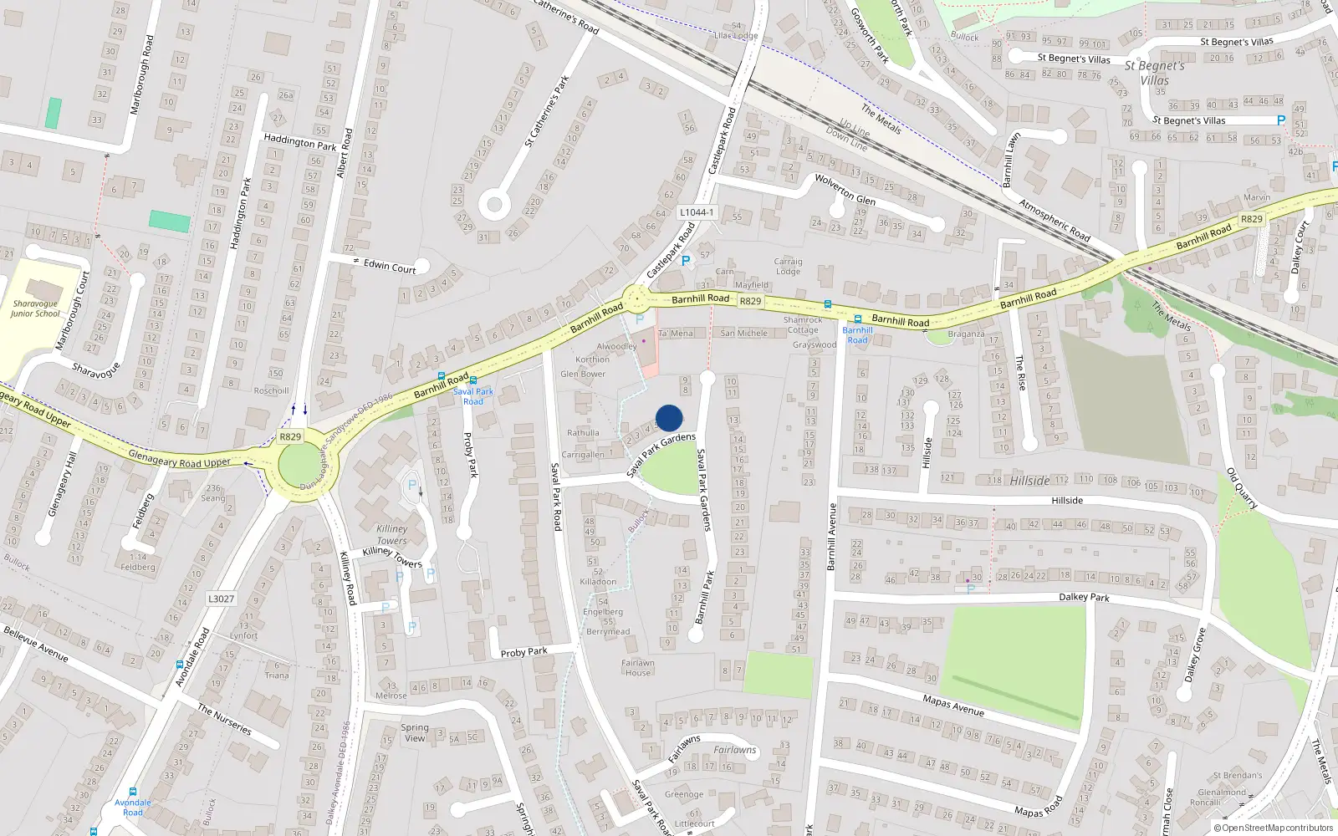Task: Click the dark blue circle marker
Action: click(x=669, y=418)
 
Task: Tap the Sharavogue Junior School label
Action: click(x=35, y=309)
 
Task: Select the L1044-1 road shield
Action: click(x=697, y=212)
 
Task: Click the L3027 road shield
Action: click(x=222, y=599)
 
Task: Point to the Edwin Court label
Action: click(x=390, y=267)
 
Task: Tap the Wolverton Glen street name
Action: click(x=845, y=190)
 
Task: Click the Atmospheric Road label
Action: click(x=1054, y=221)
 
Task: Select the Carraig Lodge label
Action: click(x=788, y=267)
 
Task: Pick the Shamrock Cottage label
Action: click(x=803, y=324)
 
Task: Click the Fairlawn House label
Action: click(x=637, y=668)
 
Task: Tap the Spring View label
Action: click(x=415, y=733)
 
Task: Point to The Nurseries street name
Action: click(x=224, y=719)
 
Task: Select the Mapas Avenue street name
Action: click(x=953, y=706)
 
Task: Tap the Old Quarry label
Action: click(x=1242, y=488)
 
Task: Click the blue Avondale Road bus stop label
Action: click(x=133, y=808)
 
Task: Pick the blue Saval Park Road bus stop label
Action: click(x=473, y=396)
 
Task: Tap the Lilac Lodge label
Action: click(x=736, y=35)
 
